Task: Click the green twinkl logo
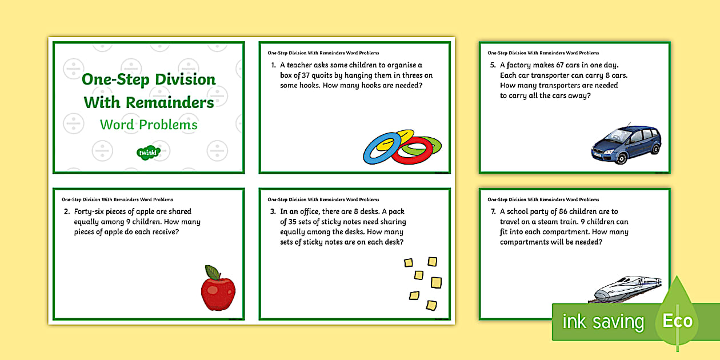pos(149,152)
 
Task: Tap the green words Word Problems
pos(149,125)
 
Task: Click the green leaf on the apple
pos(213,272)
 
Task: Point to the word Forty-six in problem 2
pos(94,211)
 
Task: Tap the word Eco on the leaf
pos(678,321)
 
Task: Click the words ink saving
pos(603,322)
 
